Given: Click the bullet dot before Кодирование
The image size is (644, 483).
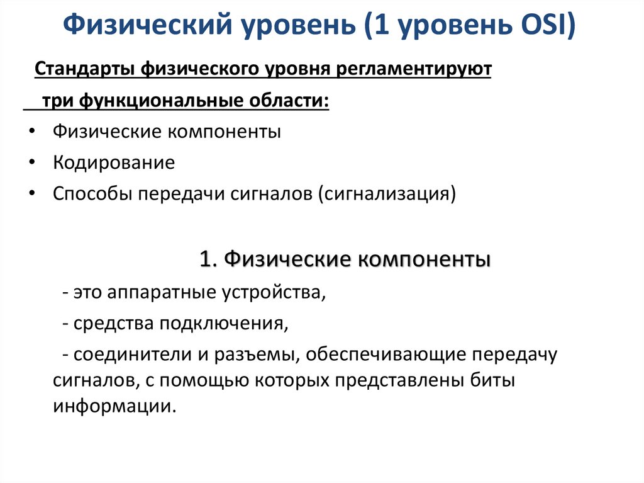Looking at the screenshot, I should [x=32, y=163].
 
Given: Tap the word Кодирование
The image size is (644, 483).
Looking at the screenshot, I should [x=114, y=163].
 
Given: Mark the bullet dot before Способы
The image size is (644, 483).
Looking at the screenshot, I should [x=32, y=194].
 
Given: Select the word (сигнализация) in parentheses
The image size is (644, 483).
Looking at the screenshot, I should [x=387, y=194].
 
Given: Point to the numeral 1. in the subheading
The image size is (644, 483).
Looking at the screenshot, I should [x=208, y=259].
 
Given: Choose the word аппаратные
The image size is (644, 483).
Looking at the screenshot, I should [x=163, y=293].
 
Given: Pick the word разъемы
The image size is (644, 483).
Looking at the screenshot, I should [x=250, y=355].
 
